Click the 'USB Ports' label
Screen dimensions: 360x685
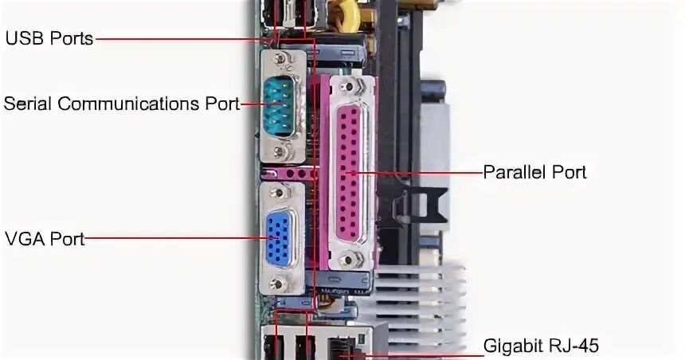(49, 37)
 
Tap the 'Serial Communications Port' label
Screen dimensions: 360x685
(121, 104)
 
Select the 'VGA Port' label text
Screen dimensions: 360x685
(45, 237)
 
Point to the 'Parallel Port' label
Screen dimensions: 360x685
(535, 172)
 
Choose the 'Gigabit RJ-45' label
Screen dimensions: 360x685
(541, 346)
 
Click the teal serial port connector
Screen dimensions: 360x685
(278, 103)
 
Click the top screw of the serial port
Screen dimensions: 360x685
(278, 60)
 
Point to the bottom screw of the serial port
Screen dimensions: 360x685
(278, 150)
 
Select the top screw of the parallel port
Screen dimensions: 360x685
(346, 85)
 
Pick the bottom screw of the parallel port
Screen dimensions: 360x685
(346, 260)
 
